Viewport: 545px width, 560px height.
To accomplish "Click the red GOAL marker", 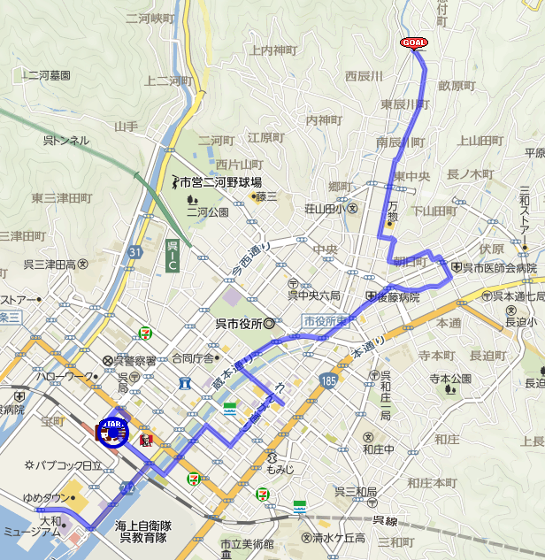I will tap(414, 42).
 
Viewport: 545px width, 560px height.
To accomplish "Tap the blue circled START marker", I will tap(113, 431).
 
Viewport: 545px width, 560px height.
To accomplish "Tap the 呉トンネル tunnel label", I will tap(66, 140).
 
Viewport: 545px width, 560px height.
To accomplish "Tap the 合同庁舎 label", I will tap(193, 358).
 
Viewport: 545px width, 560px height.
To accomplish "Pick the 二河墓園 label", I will tap(48, 76).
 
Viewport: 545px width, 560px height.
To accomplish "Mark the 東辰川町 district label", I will tap(404, 104).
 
